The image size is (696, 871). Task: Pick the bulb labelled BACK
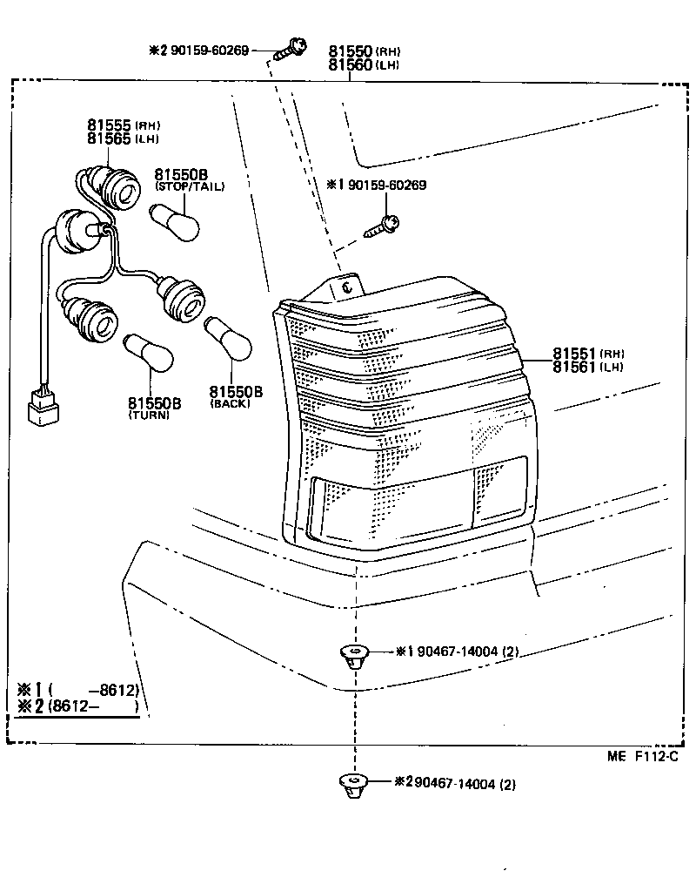228,340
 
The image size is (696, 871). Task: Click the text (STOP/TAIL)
190,186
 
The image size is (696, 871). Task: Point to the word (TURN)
149,415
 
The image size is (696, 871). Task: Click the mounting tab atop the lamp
350,285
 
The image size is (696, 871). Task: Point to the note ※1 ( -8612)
78,691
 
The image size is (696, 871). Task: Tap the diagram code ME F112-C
641,757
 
